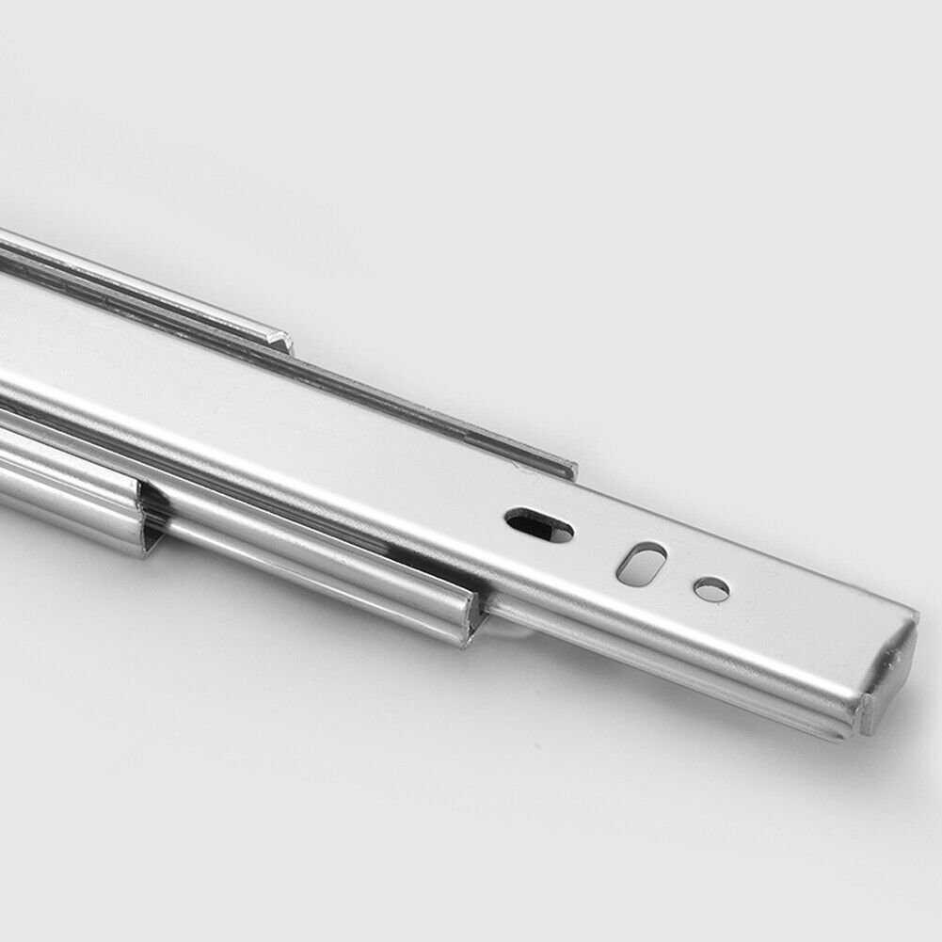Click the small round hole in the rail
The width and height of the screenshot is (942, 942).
711,590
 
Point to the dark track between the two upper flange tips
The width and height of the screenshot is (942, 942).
423,405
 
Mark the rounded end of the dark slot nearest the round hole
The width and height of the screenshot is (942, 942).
563,533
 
